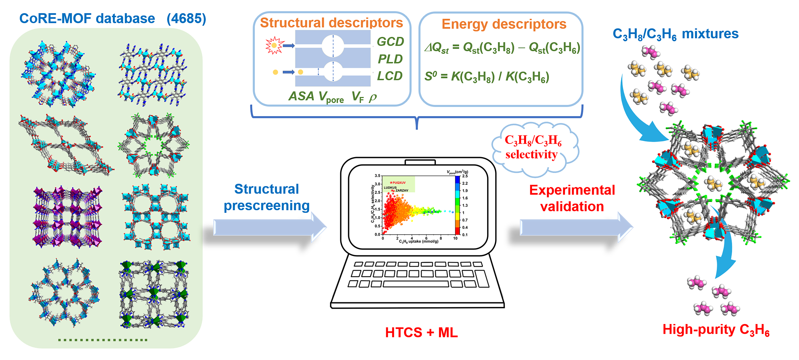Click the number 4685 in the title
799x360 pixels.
(186, 19)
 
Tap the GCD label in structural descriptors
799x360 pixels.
(390, 42)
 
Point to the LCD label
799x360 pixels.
(390, 76)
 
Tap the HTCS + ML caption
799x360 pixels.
(421, 332)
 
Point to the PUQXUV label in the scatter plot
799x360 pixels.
(399, 183)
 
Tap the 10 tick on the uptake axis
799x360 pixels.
(455, 238)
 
